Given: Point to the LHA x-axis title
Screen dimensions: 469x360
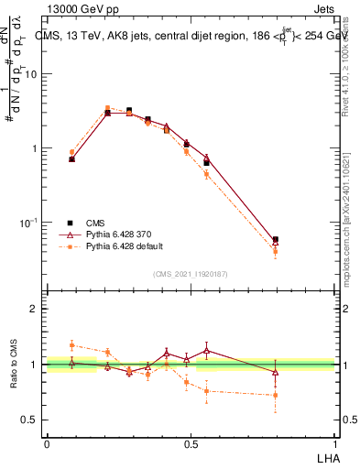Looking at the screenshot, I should tap(327, 457).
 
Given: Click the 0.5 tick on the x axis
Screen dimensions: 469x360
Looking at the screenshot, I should tap(191, 442).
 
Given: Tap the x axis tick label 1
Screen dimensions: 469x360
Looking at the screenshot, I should tap(334, 442).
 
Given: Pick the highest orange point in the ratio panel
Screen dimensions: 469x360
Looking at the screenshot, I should tap(71, 345).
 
